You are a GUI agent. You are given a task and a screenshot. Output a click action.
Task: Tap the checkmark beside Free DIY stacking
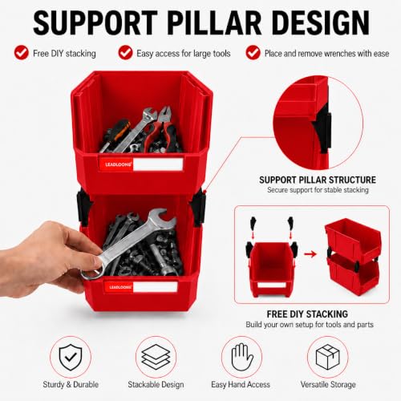[22, 52]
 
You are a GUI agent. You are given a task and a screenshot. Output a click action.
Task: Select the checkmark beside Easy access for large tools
[125, 52]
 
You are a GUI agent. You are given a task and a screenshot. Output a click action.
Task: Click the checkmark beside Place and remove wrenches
[253, 52]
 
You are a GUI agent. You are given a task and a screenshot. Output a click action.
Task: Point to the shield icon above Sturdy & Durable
[71, 357]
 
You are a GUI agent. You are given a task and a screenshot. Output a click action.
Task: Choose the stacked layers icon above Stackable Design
[156, 357]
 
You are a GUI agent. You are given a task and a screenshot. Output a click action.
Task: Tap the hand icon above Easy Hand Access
[241, 357]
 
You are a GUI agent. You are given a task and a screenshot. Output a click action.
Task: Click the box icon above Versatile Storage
[328, 357]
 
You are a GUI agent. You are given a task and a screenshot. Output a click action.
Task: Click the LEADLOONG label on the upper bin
[119, 164]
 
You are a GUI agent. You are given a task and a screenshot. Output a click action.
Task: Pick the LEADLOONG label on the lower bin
[120, 287]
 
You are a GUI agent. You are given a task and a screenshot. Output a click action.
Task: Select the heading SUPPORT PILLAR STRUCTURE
[318, 180]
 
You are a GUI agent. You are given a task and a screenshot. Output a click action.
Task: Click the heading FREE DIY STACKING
[307, 314]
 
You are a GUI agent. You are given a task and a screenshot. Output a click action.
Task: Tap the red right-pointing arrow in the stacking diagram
[310, 253]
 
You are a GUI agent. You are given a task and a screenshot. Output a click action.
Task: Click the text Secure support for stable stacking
[318, 190]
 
